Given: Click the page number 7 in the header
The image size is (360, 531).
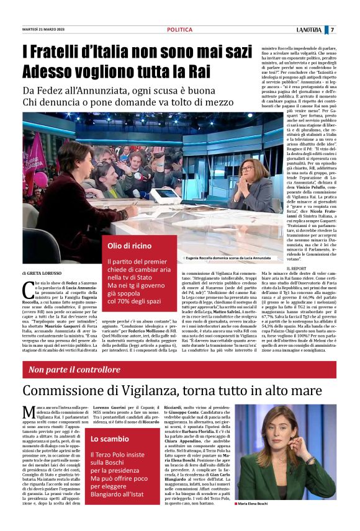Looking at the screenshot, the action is coord(332,30).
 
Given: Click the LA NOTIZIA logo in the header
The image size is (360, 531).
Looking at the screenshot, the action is coord(307,30).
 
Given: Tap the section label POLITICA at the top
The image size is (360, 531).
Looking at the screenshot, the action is coord(180,30).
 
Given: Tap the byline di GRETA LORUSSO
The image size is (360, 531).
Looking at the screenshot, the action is coord(42,273).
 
